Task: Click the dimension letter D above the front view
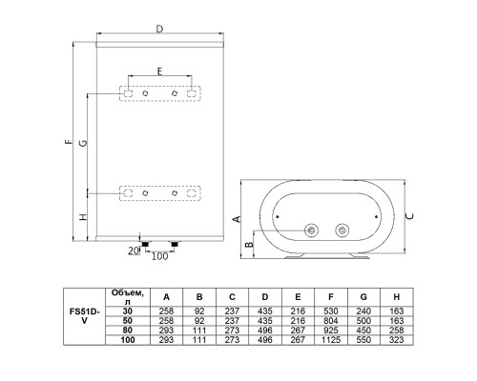click(x=159, y=29)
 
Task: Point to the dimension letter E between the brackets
click(x=159, y=71)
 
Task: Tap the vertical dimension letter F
click(x=69, y=142)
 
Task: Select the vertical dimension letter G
click(x=83, y=143)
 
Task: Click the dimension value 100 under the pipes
click(x=159, y=256)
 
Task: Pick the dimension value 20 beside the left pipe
click(x=134, y=251)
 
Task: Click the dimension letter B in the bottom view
click(x=250, y=245)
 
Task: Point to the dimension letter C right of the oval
click(x=410, y=216)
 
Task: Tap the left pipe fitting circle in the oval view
click(x=311, y=230)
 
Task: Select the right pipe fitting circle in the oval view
click(x=342, y=230)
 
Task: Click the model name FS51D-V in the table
click(x=84, y=316)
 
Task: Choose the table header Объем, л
click(x=128, y=297)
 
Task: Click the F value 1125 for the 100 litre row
click(x=331, y=340)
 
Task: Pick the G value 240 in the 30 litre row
click(x=363, y=311)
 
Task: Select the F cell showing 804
click(x=331, y=321)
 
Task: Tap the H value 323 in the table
click(x=396, y=340)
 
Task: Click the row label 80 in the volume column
click(x=128, y=331)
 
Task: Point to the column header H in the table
click(x=396, y=297)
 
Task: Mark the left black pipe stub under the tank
click(x=145, y=244)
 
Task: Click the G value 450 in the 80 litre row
click(x=363, y=331)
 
